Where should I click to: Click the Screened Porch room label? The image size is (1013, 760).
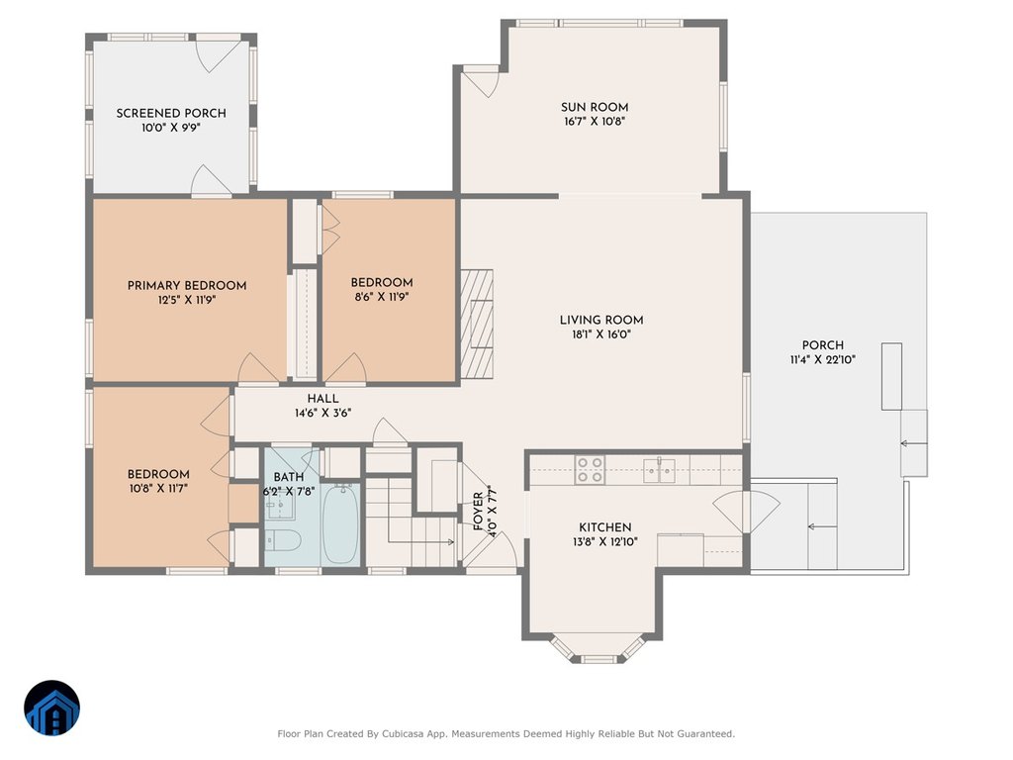(171, 113)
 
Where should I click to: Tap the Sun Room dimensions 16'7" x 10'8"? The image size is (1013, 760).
(595, 122)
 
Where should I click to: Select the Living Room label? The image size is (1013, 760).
(601, 320)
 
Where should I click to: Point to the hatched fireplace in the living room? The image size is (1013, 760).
(477, 324)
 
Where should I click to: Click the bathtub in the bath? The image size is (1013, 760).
(340, 523)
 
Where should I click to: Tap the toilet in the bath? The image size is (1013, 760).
(283, 541)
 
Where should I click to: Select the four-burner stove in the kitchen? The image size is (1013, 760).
(590, 470)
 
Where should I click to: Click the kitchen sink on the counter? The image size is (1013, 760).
(659, 470)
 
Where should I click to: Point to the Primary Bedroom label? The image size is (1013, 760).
(187, 286)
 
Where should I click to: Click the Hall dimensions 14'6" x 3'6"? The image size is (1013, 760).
(323, 413)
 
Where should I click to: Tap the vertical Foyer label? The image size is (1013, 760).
(478, 512)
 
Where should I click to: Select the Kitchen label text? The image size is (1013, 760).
(605, 527)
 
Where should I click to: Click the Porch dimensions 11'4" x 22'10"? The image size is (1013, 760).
(822, 360)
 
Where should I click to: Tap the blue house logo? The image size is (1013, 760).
(52, 708)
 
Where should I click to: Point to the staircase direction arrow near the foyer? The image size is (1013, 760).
(422, 541)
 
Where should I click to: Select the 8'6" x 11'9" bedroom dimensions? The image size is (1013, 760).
(382, 297)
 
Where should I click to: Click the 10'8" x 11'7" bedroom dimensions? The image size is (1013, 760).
(158, 489)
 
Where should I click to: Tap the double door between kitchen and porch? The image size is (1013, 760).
(746, 512)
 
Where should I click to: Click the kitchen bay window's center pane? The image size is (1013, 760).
(599, 659)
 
